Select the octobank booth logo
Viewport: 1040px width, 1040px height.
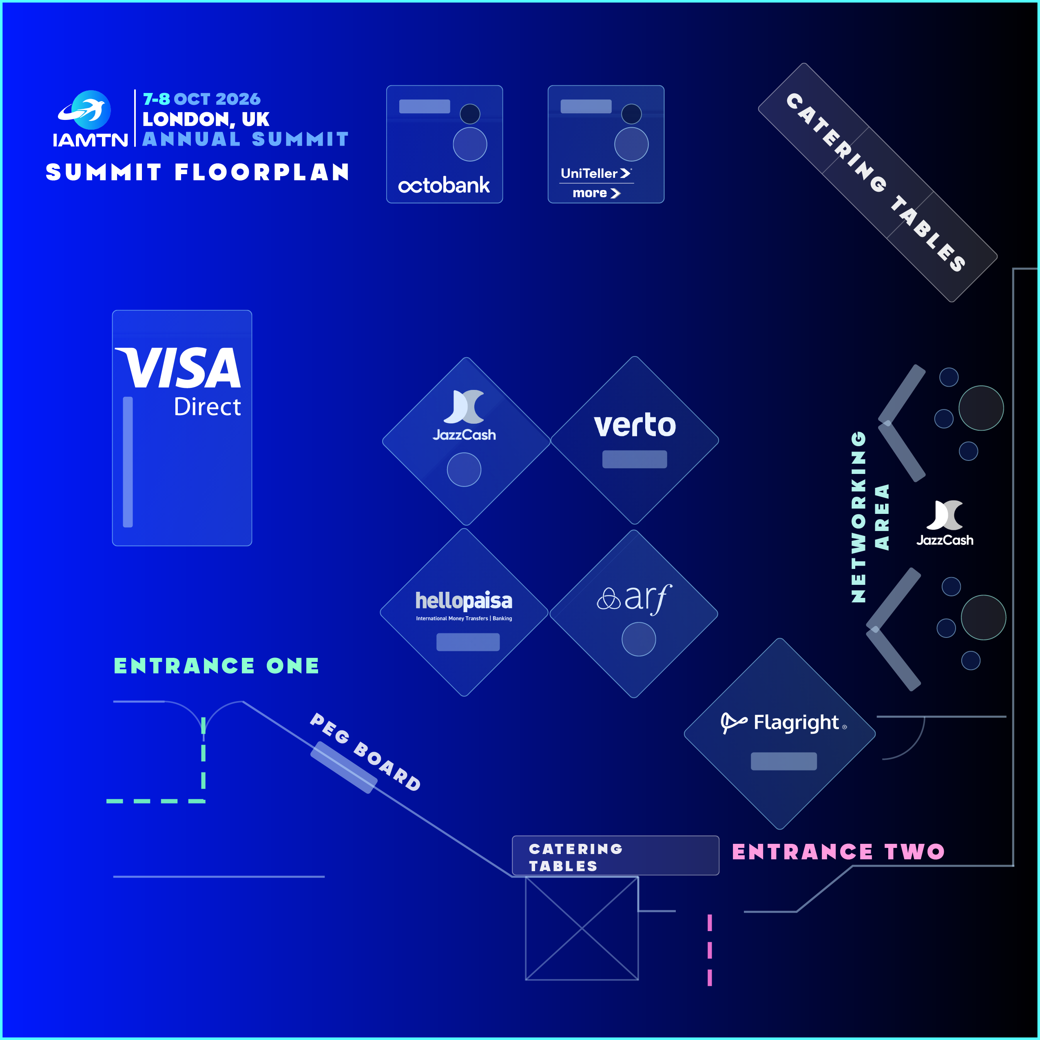(444, 185)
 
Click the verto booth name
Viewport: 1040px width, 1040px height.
(635, 425)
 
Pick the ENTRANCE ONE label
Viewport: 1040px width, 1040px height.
(217, 666)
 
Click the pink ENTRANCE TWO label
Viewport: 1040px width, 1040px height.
(838, 852)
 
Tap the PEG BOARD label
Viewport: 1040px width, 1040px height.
(365, 752)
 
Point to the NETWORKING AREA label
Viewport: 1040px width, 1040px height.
(870, 517)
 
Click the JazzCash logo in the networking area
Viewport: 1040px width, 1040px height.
(945, 523)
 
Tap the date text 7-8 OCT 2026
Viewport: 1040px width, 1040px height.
(201, 99)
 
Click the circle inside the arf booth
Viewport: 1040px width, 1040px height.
(638, 639)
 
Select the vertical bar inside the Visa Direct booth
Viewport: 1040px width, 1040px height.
(128, 462)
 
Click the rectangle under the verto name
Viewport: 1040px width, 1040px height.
(635, 459)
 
